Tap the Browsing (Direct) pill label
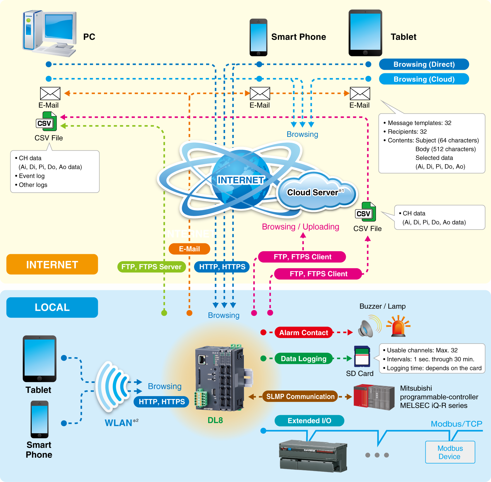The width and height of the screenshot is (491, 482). pyautogui.click(x=424, y=64)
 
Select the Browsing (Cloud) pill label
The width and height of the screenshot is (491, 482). pyautogui.click(x=424, y=79)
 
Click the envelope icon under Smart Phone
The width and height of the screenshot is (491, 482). pyautogui.click(x=260, y=94)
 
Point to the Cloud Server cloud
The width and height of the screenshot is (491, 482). pyautogui.click(x=316, y=192)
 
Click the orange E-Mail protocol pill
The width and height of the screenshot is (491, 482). pyautogui.click(x=189, y=249)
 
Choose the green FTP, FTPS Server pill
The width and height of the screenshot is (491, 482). pyautogui.click(x=151, y=267)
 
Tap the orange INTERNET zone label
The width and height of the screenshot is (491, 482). pyautogui.click(x=52, y=264)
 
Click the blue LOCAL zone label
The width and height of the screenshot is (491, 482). pyautogui.click(x=52, y=307)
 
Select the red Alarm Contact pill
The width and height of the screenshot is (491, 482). pyautogui.click(x=303, y=332)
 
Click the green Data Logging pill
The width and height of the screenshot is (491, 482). pyautogui.click(x=303, y=359)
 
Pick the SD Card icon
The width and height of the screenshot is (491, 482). pyautogui.click(x=362, y=357)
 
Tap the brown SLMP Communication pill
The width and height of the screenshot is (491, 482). pyautogui.click(x=300, y=396)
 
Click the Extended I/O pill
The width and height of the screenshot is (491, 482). pyautogui.click(x=309, y=421)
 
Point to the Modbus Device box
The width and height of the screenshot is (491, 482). pyautogui.click(x=450, y=452)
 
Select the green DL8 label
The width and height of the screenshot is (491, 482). pyautogui.click(x=215, y=420)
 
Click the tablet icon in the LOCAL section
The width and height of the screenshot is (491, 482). pyautogui.click(x=40, y=359)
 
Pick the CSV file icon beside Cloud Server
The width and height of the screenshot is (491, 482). pyautogui.click(x=365, y=212)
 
